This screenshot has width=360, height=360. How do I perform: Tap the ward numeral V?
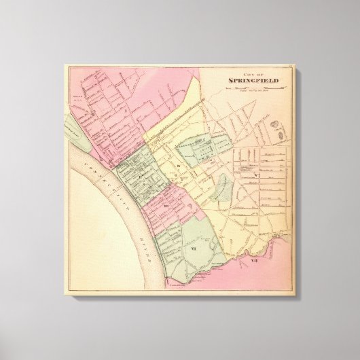click(x=255, y=175)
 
